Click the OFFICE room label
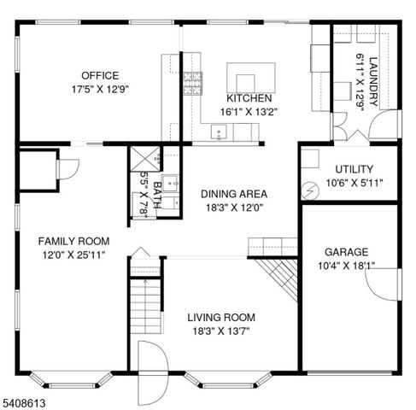[x=100, y=75]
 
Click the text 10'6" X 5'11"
[x=354, y=183]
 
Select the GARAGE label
[x=346, y=252]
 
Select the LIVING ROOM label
[x=221, y=317]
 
